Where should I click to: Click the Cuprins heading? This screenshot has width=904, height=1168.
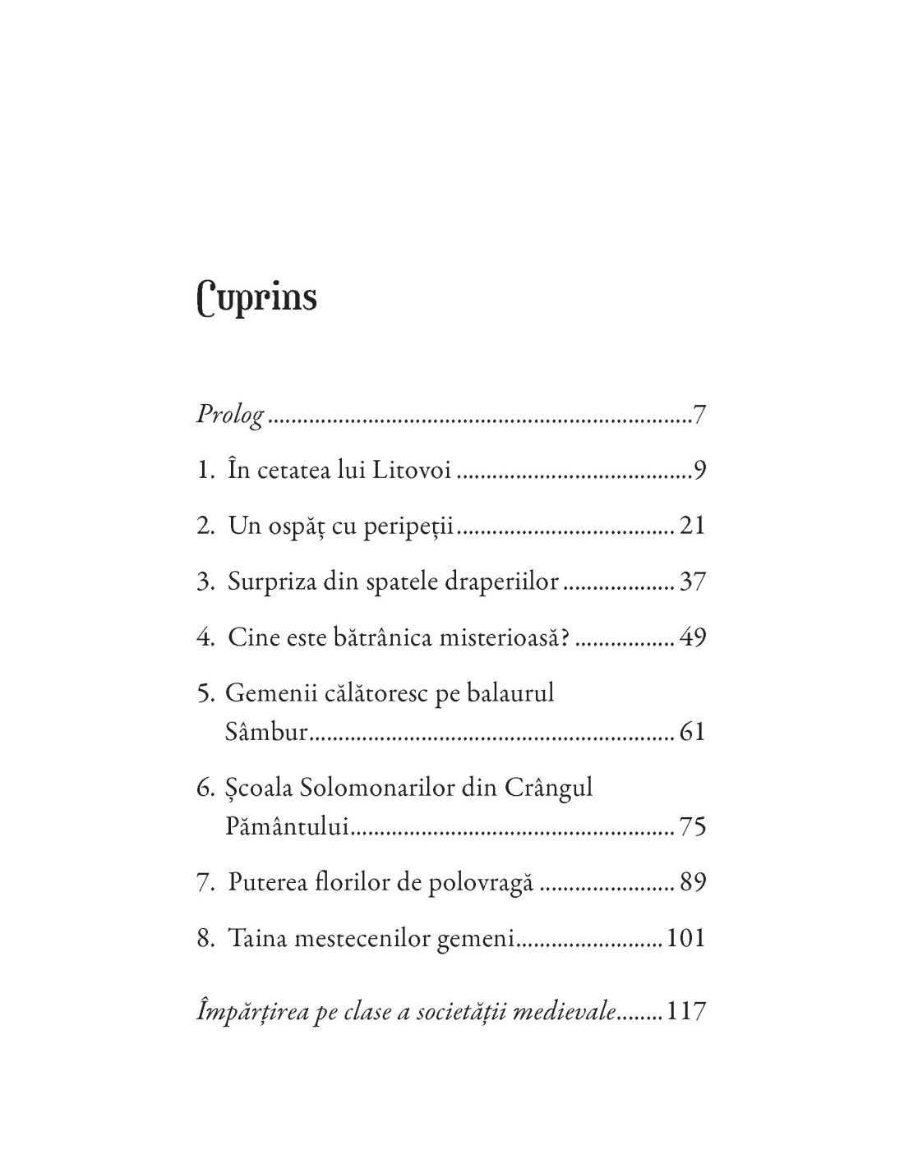pos(257,298)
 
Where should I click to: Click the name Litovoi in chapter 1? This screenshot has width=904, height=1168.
pos(410,471)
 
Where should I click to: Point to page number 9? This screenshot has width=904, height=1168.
pos(699,471)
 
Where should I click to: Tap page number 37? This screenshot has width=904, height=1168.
pos(693,582)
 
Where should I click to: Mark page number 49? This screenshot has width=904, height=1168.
pos(693,637)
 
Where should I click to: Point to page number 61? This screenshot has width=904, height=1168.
pos(693,731)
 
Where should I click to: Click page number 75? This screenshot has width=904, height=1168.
pos(693,826)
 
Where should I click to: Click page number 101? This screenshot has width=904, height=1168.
pos(686,938)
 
